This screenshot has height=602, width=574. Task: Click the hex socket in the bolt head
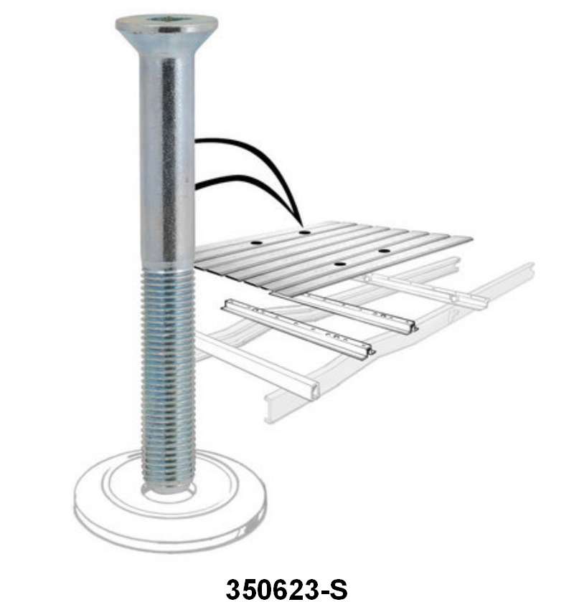click(x=166, y=21)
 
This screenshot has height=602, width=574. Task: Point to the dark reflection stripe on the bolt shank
click(x=169, y=158)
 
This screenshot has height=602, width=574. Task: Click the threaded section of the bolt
click(x=168, y=373)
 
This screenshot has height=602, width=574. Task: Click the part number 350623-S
click(x=286, y=589)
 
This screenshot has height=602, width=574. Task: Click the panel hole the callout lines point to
click(x=304, y=232)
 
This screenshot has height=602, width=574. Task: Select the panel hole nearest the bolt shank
click(x=254, y=245)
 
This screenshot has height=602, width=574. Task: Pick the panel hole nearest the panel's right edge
click(x=384, y=251)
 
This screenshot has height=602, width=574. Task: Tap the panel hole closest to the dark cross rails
click(x=340, y=264)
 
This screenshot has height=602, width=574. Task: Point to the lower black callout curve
click(x=237, y=179)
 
